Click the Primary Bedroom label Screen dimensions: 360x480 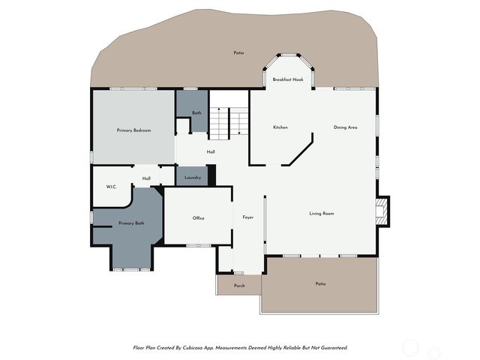(x=134, y=130)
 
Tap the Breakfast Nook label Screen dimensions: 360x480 (x=288, y=79)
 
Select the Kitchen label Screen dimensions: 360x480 (x=280, y=127)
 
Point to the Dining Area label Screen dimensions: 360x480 (x=345, y=127)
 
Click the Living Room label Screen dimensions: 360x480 (x=322, y=214)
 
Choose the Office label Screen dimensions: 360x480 (x=198, y=218)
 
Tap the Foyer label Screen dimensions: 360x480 (x=248, y=217)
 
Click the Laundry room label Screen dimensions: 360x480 (x=192, y=178)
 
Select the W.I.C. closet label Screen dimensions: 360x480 (x=111, y=187)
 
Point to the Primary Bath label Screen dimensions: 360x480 (x=131, y=223)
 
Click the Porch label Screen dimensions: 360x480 (x=239, y=286)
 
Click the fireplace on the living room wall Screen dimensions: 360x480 (x=382, y=211)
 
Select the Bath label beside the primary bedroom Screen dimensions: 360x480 (x=196, y=113)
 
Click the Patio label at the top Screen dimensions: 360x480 (x=238, y=53)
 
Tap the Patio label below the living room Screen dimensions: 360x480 (x=320, y=283)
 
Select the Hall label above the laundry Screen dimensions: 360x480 (x=211, y=152)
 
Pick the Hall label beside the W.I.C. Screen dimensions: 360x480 (x=147, y=178)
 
